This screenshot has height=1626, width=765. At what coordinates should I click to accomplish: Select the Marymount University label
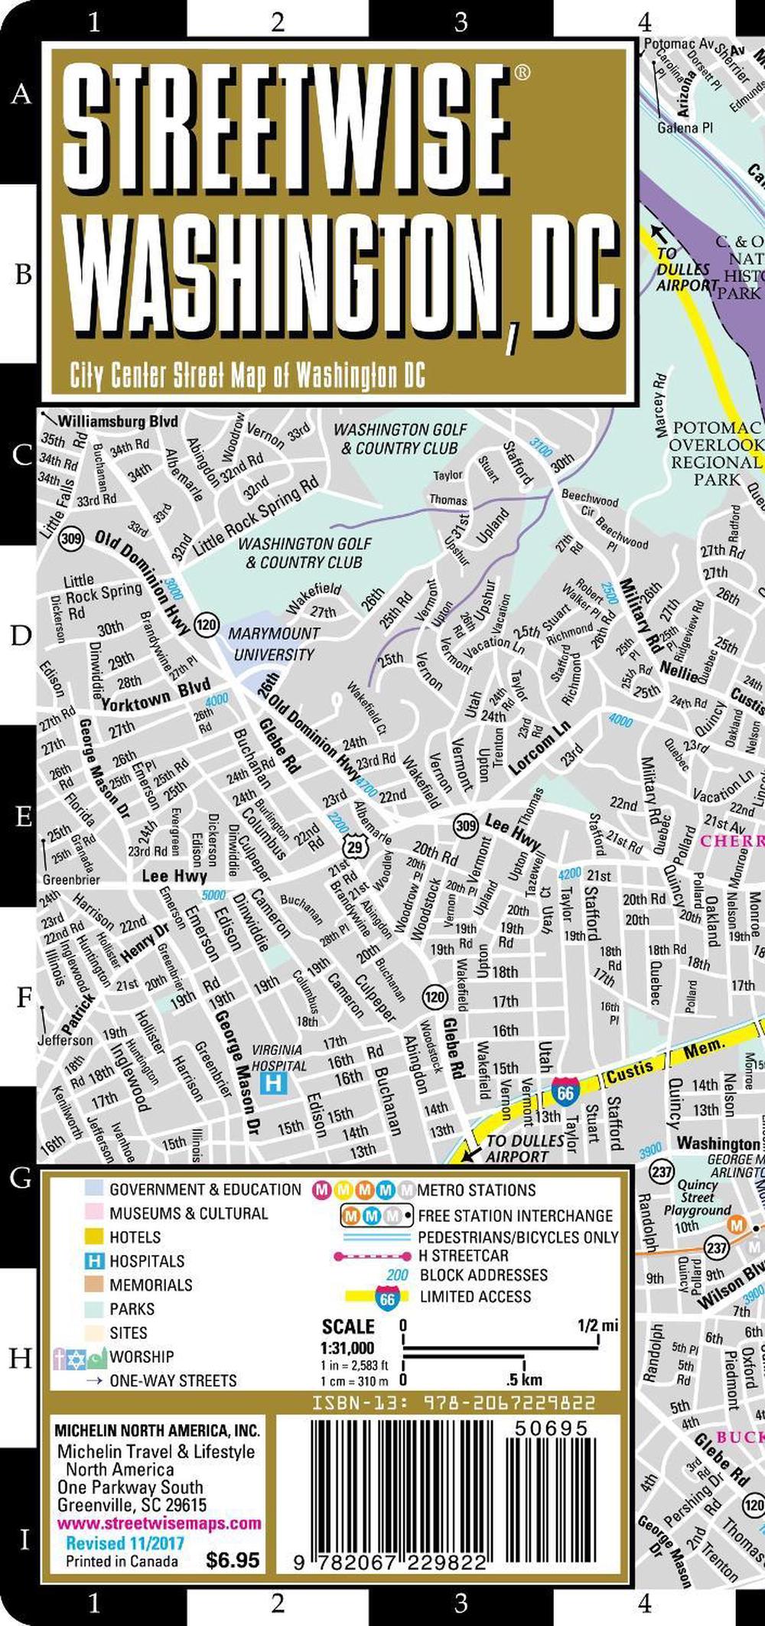[x=274, y=644]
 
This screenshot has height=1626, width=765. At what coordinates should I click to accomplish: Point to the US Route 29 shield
[x=354, y=847]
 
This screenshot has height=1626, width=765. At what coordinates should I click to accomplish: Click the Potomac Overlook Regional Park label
[x=717, y=454]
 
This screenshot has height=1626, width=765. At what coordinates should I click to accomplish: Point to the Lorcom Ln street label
[x=539, y=747]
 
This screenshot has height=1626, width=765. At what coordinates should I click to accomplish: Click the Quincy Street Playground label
[x=697, y=1197]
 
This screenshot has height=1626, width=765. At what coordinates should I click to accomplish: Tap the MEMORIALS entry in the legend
[x=151, y=1285]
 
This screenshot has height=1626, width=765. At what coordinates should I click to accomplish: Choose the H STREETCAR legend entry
[x=463, y=1256]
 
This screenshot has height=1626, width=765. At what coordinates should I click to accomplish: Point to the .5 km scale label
[x=524, y=1380]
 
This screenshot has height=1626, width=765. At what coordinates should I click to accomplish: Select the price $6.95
[x=233, y=1559]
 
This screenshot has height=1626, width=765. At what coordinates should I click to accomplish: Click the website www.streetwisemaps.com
[x=158, y=1523]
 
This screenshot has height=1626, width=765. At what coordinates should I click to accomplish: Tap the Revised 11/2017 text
[x=125, y=1542]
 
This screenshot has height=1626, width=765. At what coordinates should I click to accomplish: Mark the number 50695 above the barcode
[x=551, y=1429]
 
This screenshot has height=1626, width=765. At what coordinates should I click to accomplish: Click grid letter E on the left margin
[x=23, y=816]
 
